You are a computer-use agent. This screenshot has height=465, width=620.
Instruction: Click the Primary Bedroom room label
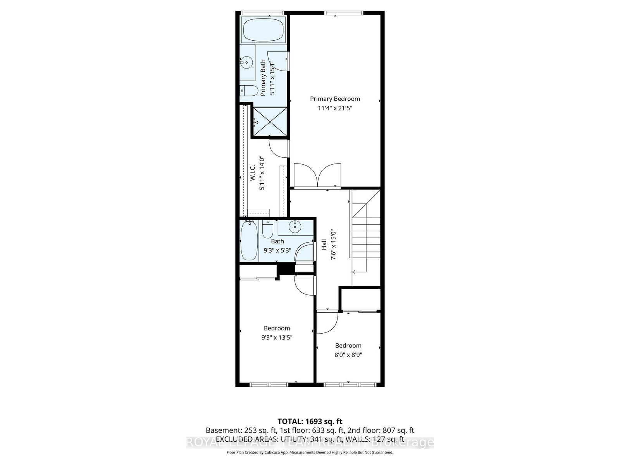[x=335, y=99]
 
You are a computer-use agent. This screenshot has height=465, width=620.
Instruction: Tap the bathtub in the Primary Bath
[x=263, y=29]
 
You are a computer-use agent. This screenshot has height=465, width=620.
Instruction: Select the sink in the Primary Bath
[x=246, y=62]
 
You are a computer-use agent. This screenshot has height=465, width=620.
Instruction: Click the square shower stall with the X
[x=270, y=122]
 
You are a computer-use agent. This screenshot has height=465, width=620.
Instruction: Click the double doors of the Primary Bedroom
[x=317, y=176]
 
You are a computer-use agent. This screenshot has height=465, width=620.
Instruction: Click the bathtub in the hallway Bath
[x=249, y=241]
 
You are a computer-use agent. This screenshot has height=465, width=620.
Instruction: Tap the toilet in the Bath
[x=267, y=229]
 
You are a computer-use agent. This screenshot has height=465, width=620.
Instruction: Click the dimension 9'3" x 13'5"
[x=277, y=337]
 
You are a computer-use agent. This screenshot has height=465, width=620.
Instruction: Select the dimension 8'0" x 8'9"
[x=348, y=355]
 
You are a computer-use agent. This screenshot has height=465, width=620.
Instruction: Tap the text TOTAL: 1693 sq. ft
[x=310, y=421]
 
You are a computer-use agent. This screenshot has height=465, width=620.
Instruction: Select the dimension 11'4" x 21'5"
[x=335, y=108]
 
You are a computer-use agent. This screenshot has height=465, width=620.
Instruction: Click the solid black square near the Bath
[x=286, y=269]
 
